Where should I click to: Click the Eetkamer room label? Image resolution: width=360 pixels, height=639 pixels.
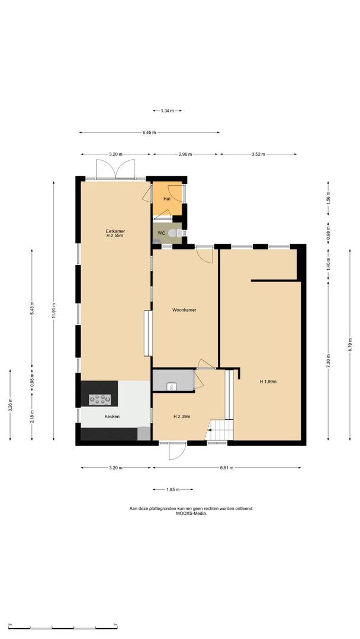tap(115, 231)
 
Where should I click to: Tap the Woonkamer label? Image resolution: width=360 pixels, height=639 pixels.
tap(184, 310)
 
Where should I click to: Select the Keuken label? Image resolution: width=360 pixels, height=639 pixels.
tap(112, 417)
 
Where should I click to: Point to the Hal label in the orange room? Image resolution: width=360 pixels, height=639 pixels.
tap(167, 199)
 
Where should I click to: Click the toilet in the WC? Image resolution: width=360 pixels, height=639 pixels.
tap(173, 234)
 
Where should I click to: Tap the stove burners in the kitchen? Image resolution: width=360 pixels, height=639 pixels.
tap(99, 399)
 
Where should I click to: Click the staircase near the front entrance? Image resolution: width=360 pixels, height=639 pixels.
tap(223, 428)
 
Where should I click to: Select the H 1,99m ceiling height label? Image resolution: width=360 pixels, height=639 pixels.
tap(268, 382)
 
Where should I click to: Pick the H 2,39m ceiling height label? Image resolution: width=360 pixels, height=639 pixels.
tap(182, 417)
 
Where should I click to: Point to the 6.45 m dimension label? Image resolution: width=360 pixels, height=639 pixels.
tap(149, 133)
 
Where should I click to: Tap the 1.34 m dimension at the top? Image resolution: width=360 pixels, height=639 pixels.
tap(167, 111)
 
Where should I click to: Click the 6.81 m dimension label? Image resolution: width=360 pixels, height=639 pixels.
tap(227, 468)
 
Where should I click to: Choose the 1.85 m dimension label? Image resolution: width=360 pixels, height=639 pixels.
tap(172, 489)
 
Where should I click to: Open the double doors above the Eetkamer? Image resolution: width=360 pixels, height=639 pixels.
tap(117, 169)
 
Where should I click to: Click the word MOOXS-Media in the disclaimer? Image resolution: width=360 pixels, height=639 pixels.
tap(191, 514)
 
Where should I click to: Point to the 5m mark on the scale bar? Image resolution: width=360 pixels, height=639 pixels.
tap(115, 624)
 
